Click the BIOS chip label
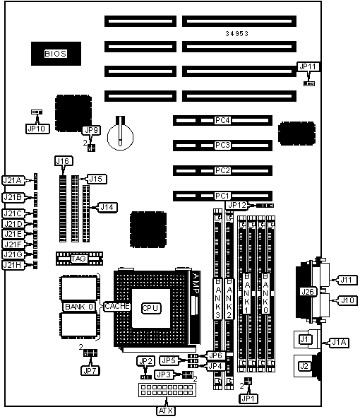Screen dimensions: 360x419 56,54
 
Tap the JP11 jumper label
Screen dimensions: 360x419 308,66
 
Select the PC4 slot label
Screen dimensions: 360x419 222,120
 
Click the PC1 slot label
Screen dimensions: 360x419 222,196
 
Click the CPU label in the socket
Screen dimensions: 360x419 151,308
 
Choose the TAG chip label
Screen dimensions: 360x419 78,259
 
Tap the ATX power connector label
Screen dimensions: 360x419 166,411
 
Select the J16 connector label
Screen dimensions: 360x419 64,161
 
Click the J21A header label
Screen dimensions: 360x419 13,180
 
